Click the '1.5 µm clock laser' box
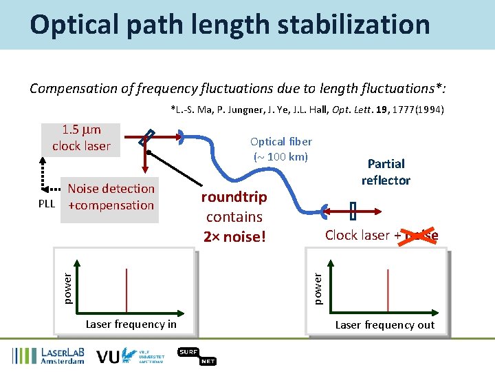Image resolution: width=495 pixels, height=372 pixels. pyautogui.click(x=81, y=138)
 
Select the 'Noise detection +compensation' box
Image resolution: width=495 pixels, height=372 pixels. pyautogui.click(x=110, y=197)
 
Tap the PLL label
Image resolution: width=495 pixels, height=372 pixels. pyautogui.click(x=47, y=205)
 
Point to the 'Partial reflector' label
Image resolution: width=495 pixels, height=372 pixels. pyautogui.click(x=386, y=172)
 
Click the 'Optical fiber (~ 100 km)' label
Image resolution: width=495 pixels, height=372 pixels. pyautogui.click(x=283, y=149)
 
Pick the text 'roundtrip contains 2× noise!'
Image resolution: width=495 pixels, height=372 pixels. pyautogui.click(x=234, y=217)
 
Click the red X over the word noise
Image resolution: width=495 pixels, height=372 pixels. pyautogui.click(x=421, y=235)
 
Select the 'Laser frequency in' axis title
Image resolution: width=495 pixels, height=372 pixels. pyautogui.click(x=131, y=324)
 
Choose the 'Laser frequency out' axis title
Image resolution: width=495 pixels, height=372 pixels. pyautogui.click(x=384, y=324)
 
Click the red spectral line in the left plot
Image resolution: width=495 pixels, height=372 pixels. pyautogui.click(x=126, y=290)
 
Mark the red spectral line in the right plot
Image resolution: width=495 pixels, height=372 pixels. pyautogui.click(x=388, y=290)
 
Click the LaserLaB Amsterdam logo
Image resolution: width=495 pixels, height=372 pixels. pyautogui.click(x=48, y=355)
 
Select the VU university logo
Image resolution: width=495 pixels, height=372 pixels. pyautogui.click(x=131, y=355)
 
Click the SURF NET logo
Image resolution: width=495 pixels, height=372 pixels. pyautogui.click(x=197, y=355)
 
